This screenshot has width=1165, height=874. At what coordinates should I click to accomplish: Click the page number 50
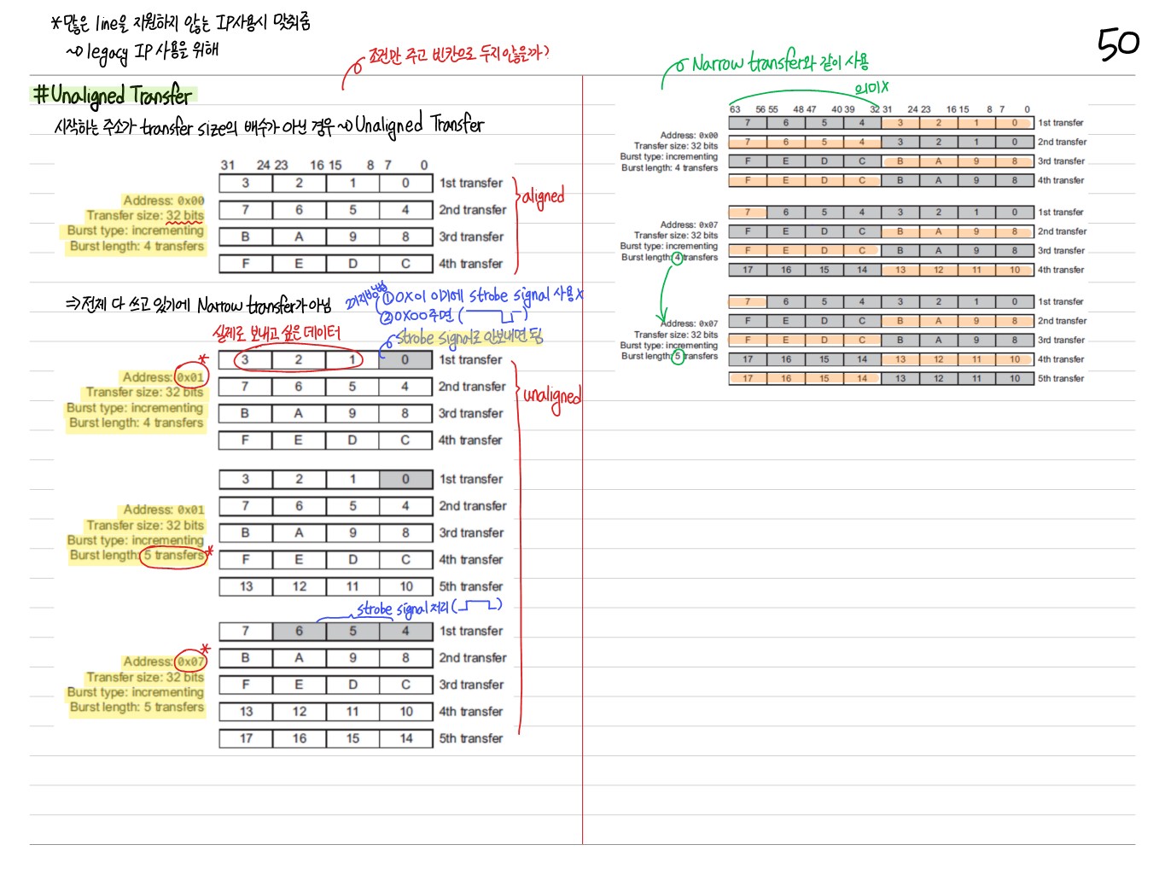point(1117,44)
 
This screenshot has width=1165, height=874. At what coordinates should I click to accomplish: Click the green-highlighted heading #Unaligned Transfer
point(114,95)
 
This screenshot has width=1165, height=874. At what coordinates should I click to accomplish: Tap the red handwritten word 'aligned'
point(543,197)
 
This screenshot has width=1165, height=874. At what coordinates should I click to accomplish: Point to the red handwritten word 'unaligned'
point(551,396)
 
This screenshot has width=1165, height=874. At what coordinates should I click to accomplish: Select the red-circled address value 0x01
point(190,376)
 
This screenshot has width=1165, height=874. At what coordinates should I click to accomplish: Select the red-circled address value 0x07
point(190,661)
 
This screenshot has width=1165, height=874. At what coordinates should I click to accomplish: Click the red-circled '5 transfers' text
point(174,556)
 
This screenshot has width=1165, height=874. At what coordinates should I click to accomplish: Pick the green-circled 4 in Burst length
point(677,258)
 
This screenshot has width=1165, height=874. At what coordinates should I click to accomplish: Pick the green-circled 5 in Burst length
point(678,357)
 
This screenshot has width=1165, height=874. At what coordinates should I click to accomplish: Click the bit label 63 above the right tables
point(735,109)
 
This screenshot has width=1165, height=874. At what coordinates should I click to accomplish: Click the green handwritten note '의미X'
point(871,87)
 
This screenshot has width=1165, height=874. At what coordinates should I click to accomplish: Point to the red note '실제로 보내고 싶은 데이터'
point(277,333)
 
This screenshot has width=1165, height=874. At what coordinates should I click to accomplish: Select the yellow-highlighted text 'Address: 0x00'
point(163,201)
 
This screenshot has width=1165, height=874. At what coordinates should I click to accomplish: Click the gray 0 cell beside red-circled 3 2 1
point(405,360)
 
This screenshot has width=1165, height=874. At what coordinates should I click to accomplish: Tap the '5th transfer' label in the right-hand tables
point(1061,378)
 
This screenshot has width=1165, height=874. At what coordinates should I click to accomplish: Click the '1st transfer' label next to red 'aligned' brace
point(471,183)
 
